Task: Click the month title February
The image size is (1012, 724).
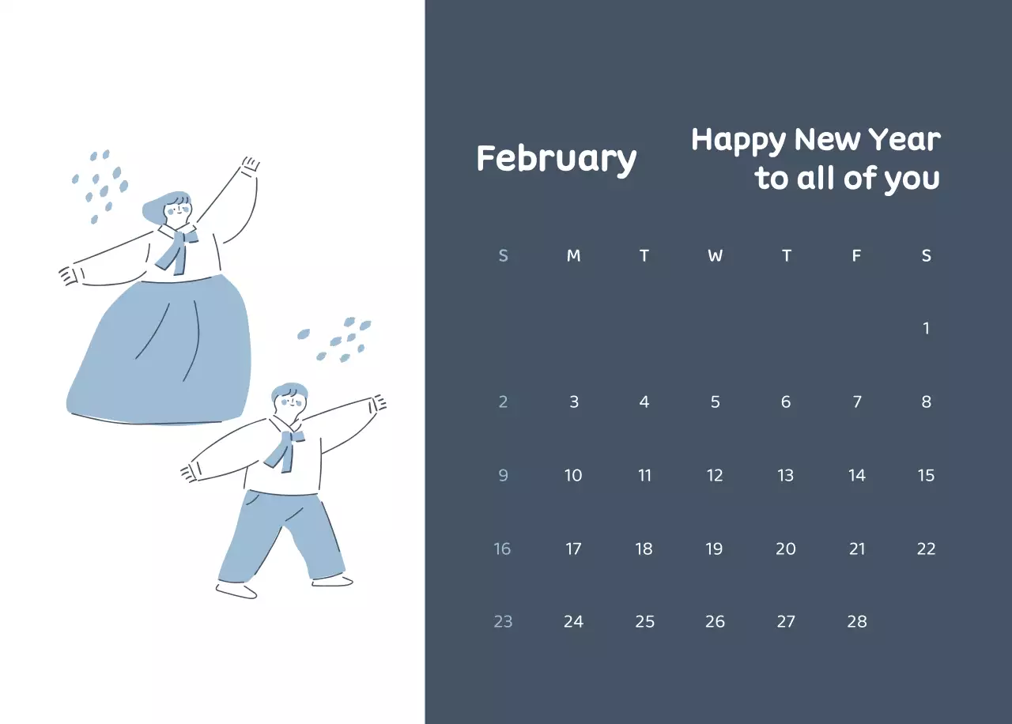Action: click(x=556, y=159)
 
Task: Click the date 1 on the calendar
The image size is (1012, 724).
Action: click(x=927, y=328)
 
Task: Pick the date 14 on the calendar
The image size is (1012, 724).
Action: click(x=857, y=475)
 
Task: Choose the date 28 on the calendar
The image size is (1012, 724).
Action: click(x=857, y=621)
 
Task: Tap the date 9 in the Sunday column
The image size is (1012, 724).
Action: click(x=503, y=475)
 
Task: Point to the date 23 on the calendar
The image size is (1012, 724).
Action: click(x=503, y=621)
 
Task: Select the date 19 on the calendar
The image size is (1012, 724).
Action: click(x=714, y=549)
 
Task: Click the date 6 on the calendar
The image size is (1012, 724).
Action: click(x=786, y=402)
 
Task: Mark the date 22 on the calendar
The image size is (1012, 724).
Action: click(x=927, y=549)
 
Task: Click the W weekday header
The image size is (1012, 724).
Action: click(x=715, y=255)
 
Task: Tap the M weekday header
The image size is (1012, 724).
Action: click(x=574, y=255)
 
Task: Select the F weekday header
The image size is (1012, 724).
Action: click(x=856, y=255)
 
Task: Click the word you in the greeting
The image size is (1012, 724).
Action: click(x=911, y=179)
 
